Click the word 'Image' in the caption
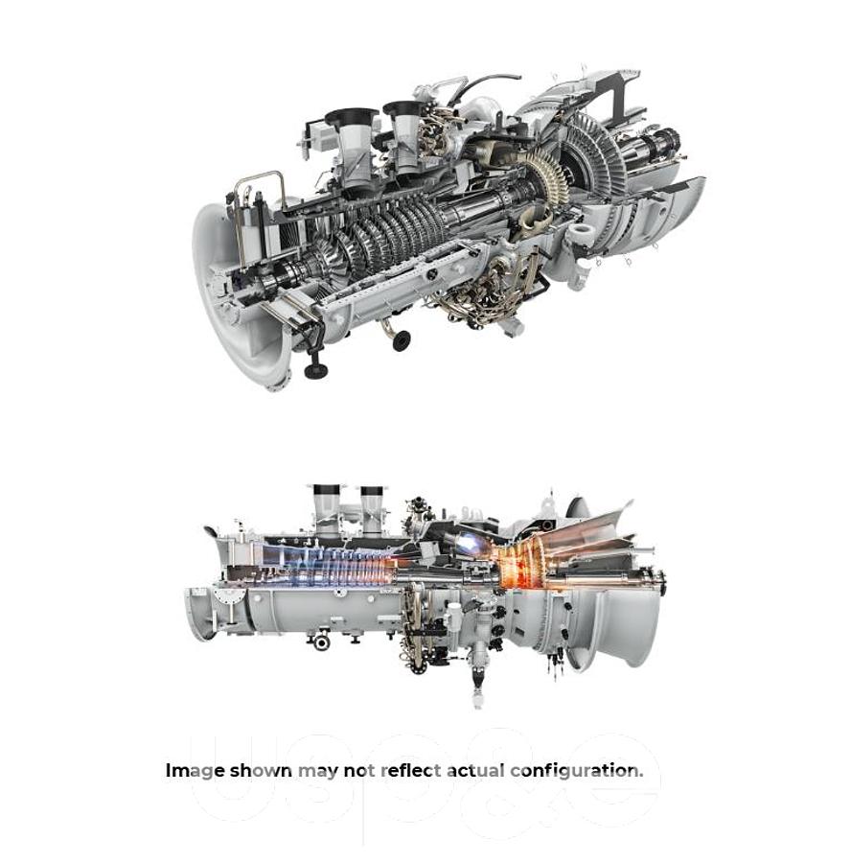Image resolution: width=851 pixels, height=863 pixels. tap(195, 770)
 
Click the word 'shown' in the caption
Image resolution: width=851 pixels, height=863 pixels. tap(261, 770)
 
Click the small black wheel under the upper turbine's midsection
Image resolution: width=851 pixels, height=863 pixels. tap(401, 339)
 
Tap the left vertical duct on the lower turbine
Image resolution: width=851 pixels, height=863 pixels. tap(326, 508)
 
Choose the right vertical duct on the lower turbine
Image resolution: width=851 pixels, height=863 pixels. tap(372, 508)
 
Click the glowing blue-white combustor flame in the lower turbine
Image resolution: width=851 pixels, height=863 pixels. tap(471, 544)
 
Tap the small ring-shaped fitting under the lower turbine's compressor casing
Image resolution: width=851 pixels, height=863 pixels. tap(322, 641)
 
